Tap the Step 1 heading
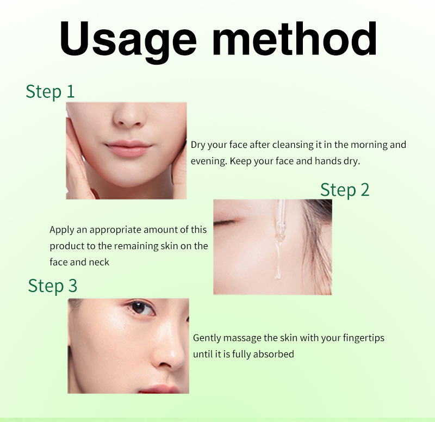click(50, 91)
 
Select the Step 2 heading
click(345, 190)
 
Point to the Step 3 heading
click(53, 286)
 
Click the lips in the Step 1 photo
click(128, 148)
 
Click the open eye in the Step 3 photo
click(141, 308)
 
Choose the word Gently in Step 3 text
click(207, 338)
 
